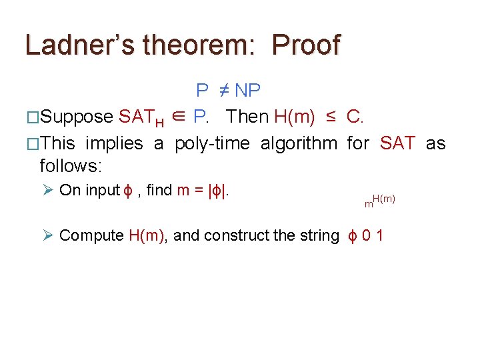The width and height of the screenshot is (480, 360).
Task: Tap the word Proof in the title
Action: click(306, 45)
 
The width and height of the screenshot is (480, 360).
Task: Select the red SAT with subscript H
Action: click(142, 118)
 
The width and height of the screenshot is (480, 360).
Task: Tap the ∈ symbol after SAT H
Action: click(178, 117)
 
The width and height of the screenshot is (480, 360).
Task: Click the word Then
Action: click(247, 117)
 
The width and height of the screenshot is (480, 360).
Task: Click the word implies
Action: click(114, 143)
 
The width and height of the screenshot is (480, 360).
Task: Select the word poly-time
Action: click(213, 143)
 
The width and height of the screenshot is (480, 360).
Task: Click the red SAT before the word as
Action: click(397, 143)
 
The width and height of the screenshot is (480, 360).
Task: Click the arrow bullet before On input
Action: click(47, 191)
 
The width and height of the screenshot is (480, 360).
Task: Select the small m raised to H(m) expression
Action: click(379, 201)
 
